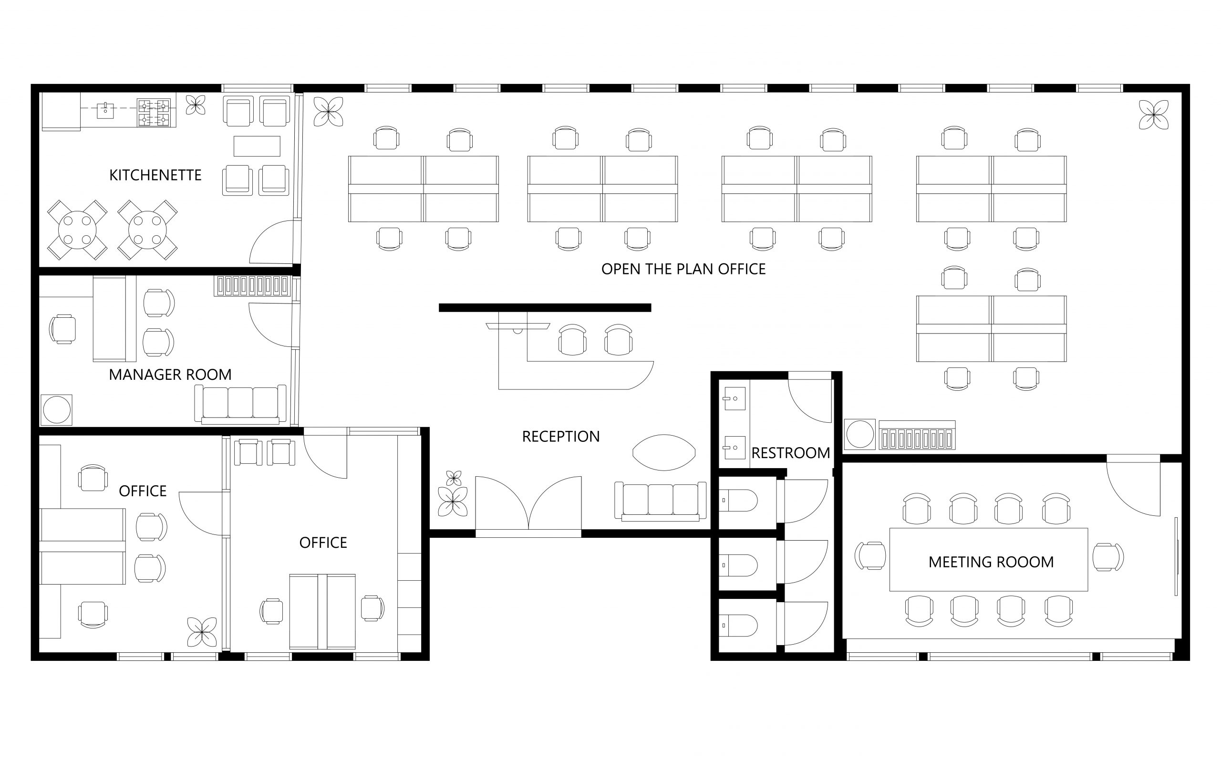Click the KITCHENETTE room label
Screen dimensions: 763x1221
[x=155, y=175]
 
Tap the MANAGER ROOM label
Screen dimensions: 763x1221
[x=170, y=375]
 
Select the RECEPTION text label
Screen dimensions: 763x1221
[x=560, y=437]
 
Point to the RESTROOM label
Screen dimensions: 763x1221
[x=790, y=453]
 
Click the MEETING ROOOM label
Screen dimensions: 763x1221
[x=991, y=562]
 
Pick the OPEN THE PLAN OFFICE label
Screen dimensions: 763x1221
[x=683, y=269]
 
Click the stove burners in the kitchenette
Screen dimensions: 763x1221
[x=154, y=113]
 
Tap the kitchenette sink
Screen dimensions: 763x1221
[x=105, y=110]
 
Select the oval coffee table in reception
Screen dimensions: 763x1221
[x=664, y=453]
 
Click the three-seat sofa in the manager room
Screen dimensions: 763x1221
[x=240, y=404]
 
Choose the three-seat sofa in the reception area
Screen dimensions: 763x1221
[x=660, y=501]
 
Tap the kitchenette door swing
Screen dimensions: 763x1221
[x=273, y=243]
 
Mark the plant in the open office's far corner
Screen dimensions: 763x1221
[x=1153, y=115]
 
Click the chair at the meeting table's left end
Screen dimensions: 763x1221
[x=870, y=555]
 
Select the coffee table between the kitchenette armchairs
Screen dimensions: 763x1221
[x=257, y=146]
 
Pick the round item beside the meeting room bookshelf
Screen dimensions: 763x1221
[x=859, y=434]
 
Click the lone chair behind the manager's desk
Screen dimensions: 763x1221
[x=62, y=329]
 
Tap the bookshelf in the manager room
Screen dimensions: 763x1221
[x=252, y=286]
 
